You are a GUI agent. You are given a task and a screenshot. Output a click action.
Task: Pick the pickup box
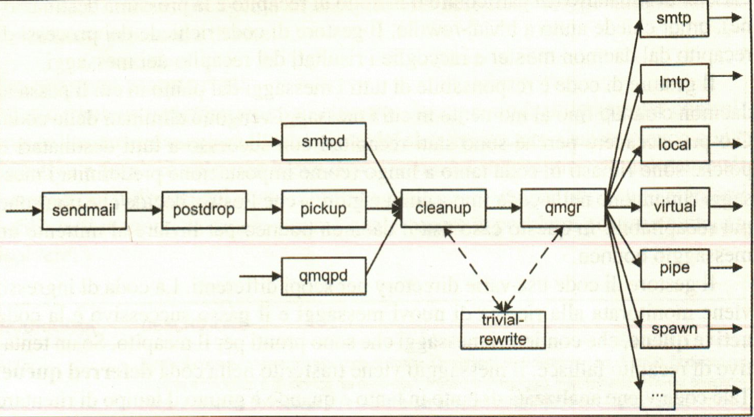click(x=324, y=211)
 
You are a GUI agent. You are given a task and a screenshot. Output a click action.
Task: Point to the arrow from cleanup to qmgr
click(x=503, y=209)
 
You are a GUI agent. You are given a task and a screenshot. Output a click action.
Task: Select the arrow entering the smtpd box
click(x=263, y=141)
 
